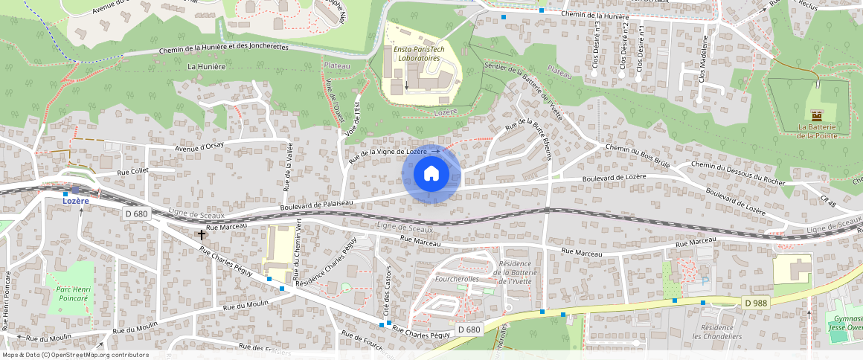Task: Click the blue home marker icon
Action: [x=431, y=174]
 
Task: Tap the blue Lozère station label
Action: [x=75, y=201]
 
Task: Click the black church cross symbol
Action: [x=201, y=234]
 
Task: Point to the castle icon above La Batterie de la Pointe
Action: [x=817, y=115]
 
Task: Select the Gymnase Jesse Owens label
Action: [x=844, y=324]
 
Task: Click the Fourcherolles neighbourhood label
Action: [x=457, y=279]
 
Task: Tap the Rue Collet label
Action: [x=135, y=172]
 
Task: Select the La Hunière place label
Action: [x=207, y=66]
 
